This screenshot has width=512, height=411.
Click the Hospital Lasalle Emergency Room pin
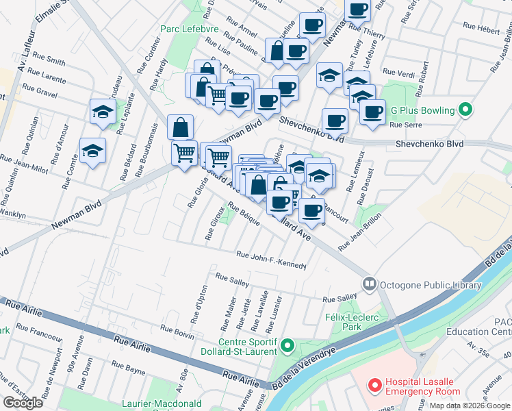(x=375, y=386)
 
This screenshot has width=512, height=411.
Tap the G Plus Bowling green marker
(x=465, y=110)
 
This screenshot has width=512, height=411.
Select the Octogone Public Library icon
(x=370, y=283)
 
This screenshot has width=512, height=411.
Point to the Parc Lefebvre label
(x=184, y=29)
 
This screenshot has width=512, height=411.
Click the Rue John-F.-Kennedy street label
(x=270, y=259)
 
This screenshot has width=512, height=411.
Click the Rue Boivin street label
(x=179, y=333)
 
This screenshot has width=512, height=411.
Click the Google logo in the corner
(x=23, y=403)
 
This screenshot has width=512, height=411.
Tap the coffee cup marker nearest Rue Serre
(x=372, y=112)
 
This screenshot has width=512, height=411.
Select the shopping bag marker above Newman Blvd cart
(x=180, y=127)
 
